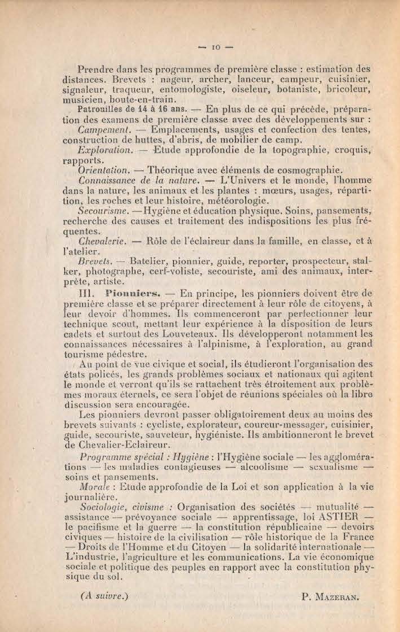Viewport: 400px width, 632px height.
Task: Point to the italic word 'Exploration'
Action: pyautogui.click(x=105, y=150)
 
